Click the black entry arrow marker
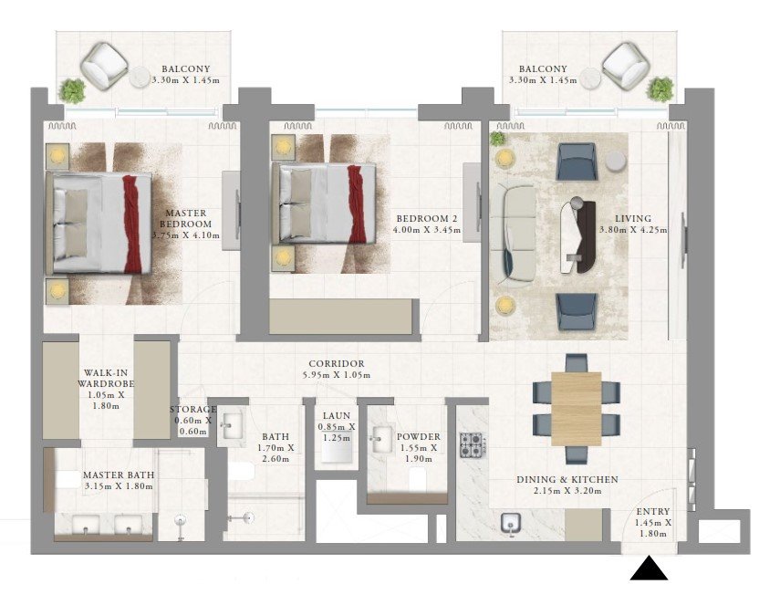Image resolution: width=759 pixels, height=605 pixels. click(649, 568)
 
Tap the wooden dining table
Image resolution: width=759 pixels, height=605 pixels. click(576, 408)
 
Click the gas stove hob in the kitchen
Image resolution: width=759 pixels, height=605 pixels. click(473, 444)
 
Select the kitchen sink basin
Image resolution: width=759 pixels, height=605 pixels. click(510, 523)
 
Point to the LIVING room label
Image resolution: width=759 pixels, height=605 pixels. click(633, 218)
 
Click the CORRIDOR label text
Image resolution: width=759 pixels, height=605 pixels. click(337, 363)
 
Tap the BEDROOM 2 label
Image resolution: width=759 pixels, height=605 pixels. click(426, 219)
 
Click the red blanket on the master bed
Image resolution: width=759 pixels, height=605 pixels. click(132, 224)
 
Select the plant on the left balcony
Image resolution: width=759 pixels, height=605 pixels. click(72, 90)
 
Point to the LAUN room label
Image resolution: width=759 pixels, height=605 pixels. click(337, 415)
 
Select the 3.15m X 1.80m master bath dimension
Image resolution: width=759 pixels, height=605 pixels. click(119, 486)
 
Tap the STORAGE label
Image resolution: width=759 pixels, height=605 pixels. click(192, 410)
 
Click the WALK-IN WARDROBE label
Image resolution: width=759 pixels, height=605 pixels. click(106, 378)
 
